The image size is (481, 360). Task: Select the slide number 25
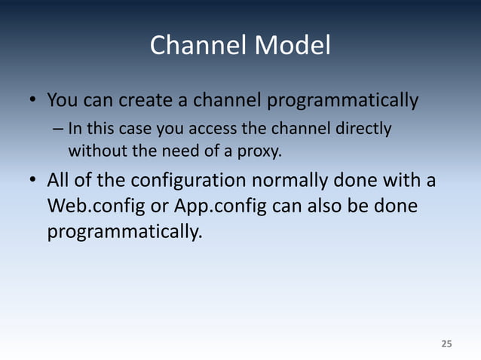(446, 344)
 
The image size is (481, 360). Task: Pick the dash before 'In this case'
(58, 129)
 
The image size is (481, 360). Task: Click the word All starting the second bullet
(60, 182)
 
